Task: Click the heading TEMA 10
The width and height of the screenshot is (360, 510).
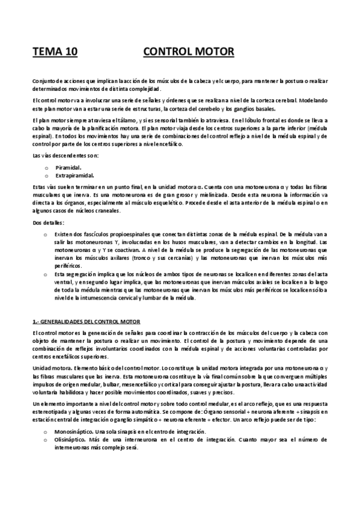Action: tap(55, 52)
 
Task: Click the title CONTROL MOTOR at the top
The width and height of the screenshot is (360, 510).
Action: tap(189, 52)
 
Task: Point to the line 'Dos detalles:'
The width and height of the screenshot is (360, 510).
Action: tap(46, 223)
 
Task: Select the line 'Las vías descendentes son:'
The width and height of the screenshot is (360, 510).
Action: tap(59, 156)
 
